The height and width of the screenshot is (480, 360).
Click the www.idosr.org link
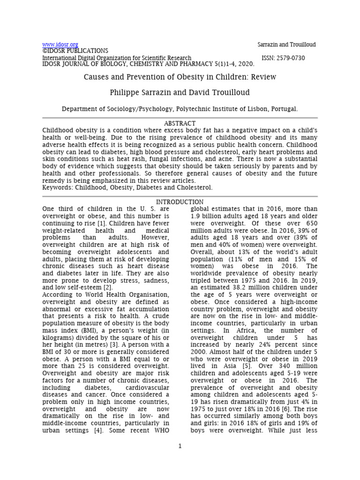tap(60, 45)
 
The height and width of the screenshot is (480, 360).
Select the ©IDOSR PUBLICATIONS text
tap(75, 51)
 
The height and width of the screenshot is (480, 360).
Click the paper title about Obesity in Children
tap(180, 77)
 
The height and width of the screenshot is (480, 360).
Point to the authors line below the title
tap(180, 92)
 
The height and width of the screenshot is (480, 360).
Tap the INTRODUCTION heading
tap(180, 202)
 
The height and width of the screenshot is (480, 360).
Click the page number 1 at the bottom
tap(180, 459)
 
